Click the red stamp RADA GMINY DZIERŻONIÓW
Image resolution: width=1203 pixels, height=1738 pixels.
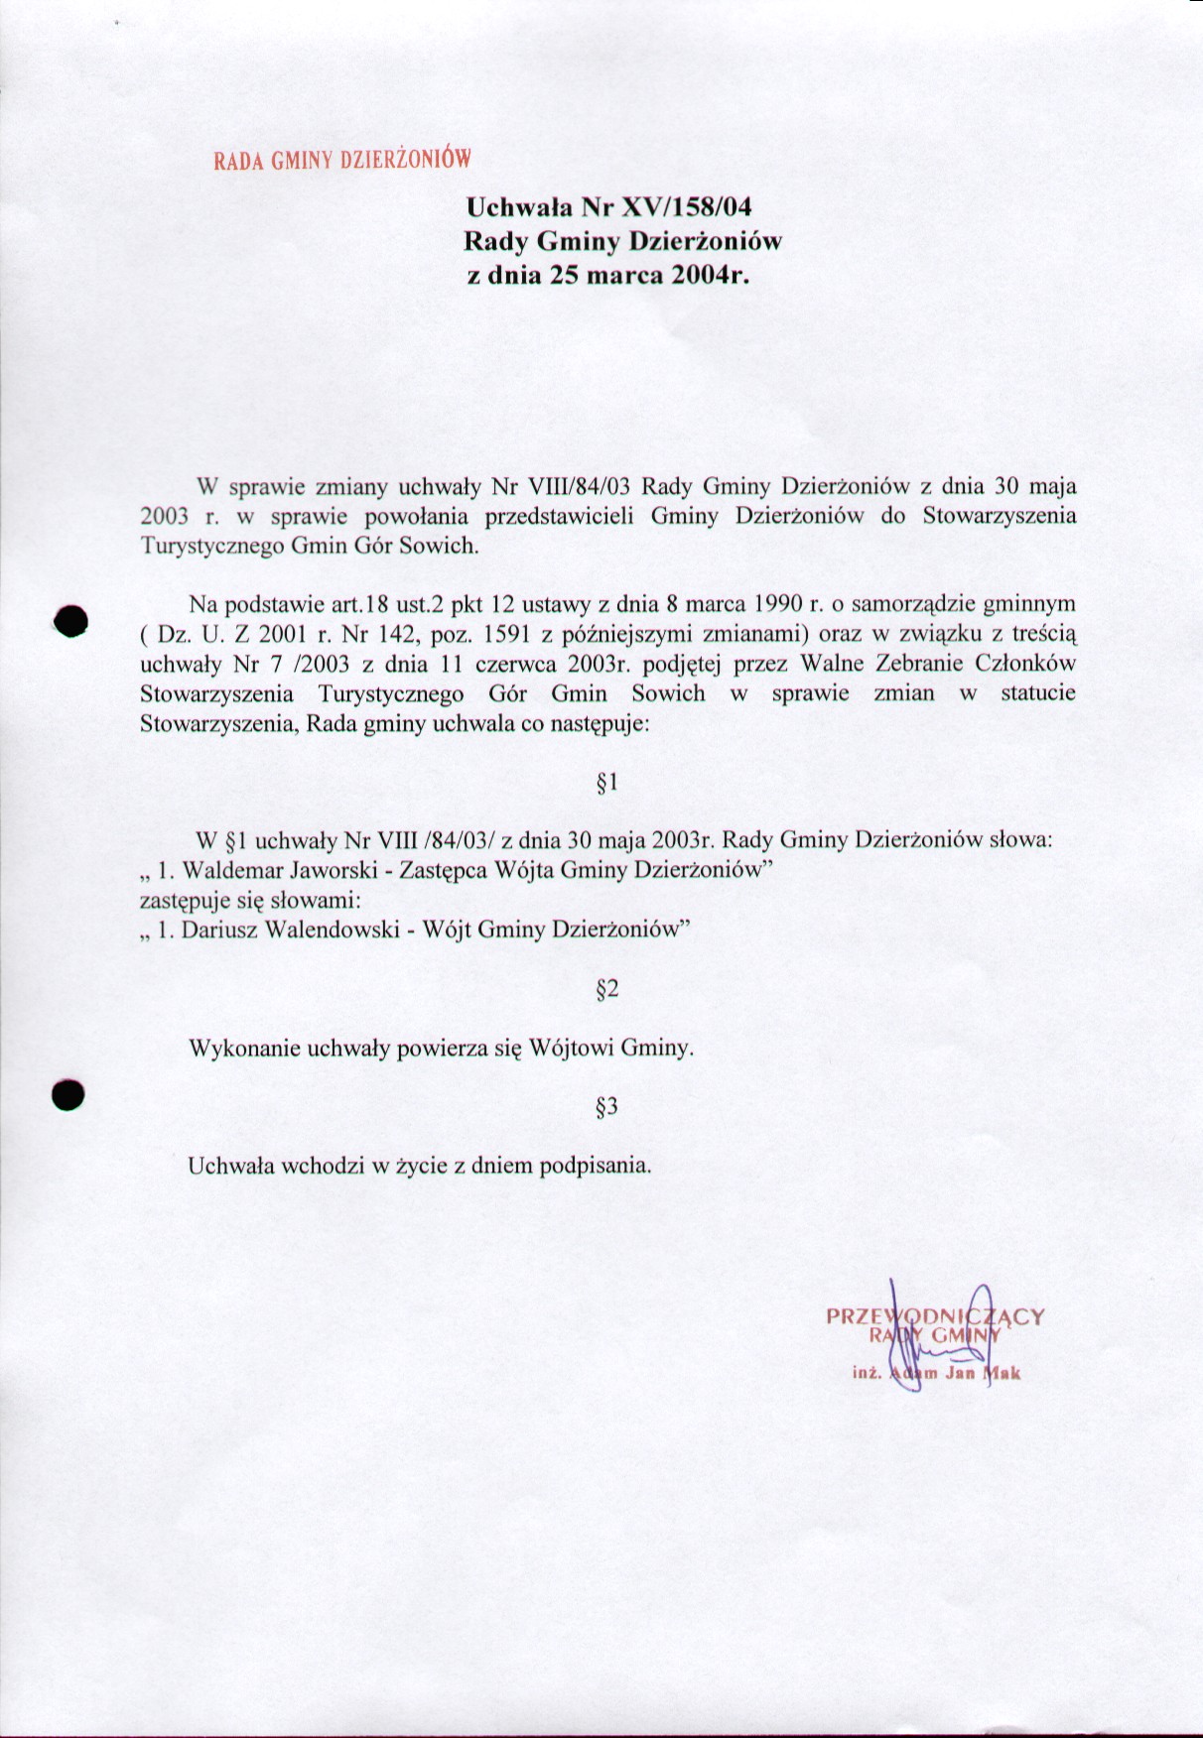[340, 159]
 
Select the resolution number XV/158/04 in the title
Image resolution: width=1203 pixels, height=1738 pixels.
[686, 207]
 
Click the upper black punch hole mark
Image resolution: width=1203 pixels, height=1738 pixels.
[71, 619]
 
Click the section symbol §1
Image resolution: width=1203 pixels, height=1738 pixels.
[606, 783]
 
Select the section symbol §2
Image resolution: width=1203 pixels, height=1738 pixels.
[606, 989]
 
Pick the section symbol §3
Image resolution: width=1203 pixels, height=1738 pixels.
[606, 1106]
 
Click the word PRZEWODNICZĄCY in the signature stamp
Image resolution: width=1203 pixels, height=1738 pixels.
[935, 1317]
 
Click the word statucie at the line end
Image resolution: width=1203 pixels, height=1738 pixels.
[1038, 692]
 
